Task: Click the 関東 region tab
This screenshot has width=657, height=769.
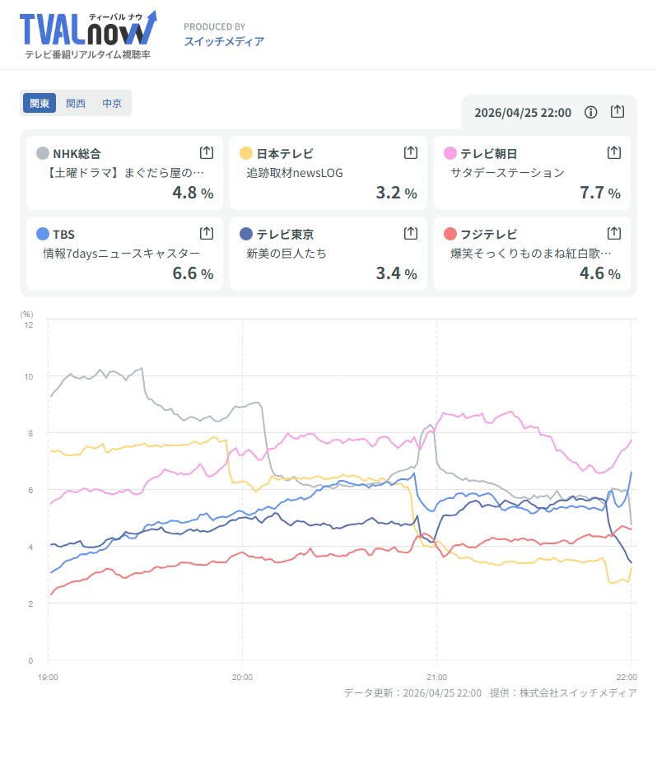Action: [40, 104]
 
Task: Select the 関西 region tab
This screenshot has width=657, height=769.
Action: [76, 104]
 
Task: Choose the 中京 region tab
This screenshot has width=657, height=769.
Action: [112, 104]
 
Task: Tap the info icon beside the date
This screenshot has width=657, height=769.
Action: [590, 112]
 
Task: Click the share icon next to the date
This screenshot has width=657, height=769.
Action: [617, 112]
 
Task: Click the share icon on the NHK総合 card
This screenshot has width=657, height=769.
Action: [207, 152]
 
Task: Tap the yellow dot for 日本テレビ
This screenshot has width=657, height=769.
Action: [245, 153]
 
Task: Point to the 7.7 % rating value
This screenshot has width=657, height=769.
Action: [600, 193]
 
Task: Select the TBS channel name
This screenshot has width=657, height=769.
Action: [63, 234]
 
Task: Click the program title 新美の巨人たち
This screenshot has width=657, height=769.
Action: [287, 254]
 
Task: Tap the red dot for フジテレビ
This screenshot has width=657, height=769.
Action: [450, 234]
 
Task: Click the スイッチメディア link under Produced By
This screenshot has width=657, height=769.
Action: [224, 41]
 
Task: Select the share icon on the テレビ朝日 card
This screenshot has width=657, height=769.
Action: [613, 152]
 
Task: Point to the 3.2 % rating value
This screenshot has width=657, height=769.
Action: [396, 193]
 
